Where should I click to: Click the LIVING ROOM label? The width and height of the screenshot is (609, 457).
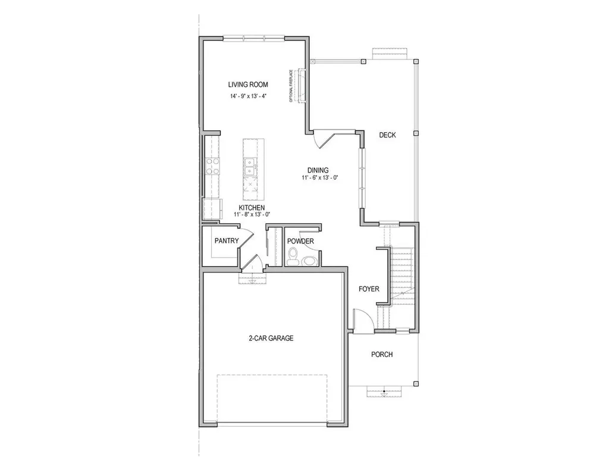coord(248,84)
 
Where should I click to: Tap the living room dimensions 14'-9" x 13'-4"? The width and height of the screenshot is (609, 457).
coord(248,96)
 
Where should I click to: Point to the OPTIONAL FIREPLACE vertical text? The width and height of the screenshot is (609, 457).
coord(291,86)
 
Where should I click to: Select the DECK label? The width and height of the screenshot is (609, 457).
coord(387,135)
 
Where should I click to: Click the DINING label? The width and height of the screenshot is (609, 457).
coord(318,170)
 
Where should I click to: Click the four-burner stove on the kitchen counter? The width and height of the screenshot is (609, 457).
coord(212,165)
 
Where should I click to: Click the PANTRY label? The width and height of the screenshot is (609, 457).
coord(226,241)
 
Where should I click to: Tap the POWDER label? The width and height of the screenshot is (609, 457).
coord(300,241)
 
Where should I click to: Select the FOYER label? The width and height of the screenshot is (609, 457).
coord(369,289)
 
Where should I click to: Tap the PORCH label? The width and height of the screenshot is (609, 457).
coord(382,355)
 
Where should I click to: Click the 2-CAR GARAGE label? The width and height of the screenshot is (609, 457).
coord(271,338)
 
